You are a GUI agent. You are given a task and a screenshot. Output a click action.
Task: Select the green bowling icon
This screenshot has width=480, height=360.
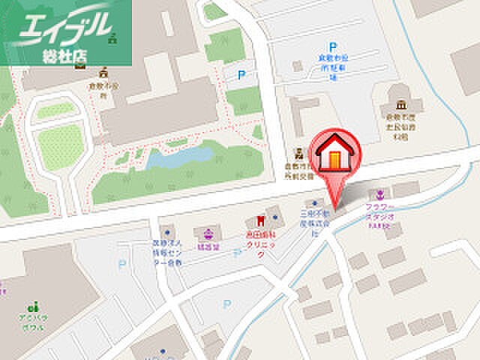point(33,307)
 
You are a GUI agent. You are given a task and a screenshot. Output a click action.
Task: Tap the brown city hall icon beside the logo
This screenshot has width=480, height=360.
point(102,73)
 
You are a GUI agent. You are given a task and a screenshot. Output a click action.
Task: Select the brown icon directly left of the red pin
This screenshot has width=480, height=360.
point(299,154)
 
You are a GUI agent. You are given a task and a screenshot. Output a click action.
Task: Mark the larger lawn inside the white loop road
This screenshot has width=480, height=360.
point(60,145)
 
